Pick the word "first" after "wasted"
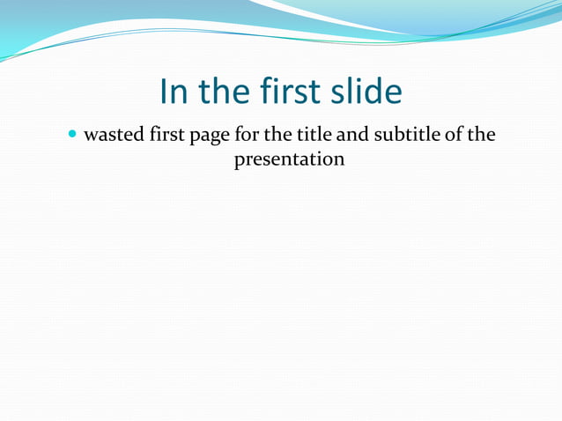[x=164, y=136]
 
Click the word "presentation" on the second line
[x=289, y=161]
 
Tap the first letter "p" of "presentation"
[x=239, y=163]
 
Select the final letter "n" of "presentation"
[x=338, y=161]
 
